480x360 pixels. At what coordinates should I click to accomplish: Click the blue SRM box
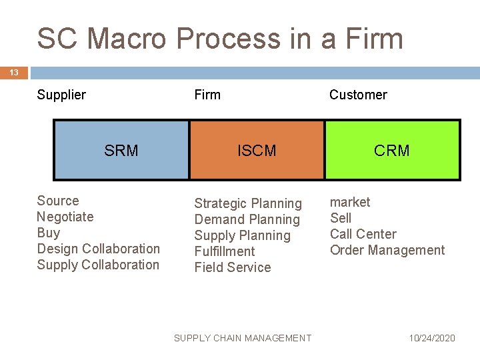[x=121, y=151]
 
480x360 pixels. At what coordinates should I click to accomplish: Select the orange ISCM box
[x=257, y=151]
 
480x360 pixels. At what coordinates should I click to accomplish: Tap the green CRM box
[x=392, y=151]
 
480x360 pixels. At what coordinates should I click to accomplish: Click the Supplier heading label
[x=61, y=95]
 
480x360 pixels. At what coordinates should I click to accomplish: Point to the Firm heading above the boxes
[x=207, y=95]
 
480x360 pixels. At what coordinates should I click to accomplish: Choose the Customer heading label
[x=358, y=95]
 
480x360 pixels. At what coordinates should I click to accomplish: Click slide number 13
[x=14, y=73]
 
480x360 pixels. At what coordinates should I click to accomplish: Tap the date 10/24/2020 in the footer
[x=432, y=338]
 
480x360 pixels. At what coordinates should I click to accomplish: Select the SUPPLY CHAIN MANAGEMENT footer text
[x=242, y=338]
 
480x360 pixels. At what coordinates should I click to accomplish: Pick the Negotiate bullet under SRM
[x=65, y=217]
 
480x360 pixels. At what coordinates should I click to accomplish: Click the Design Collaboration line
[x=99, y=249]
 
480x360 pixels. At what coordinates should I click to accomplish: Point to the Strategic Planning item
[x=248, y=203]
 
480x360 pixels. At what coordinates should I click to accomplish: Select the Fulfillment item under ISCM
[x=225, y=251]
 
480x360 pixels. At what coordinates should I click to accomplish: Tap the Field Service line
[x=233, y=267]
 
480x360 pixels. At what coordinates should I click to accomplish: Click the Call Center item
[x=363, y=234]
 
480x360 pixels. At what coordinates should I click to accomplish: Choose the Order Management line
[x=387, y=250]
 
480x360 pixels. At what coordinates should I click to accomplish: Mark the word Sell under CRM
[x=341, y=218]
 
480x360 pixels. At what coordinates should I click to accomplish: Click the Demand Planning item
[x=247, y=219]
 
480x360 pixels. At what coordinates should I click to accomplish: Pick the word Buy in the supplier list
[x=49, y=233]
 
